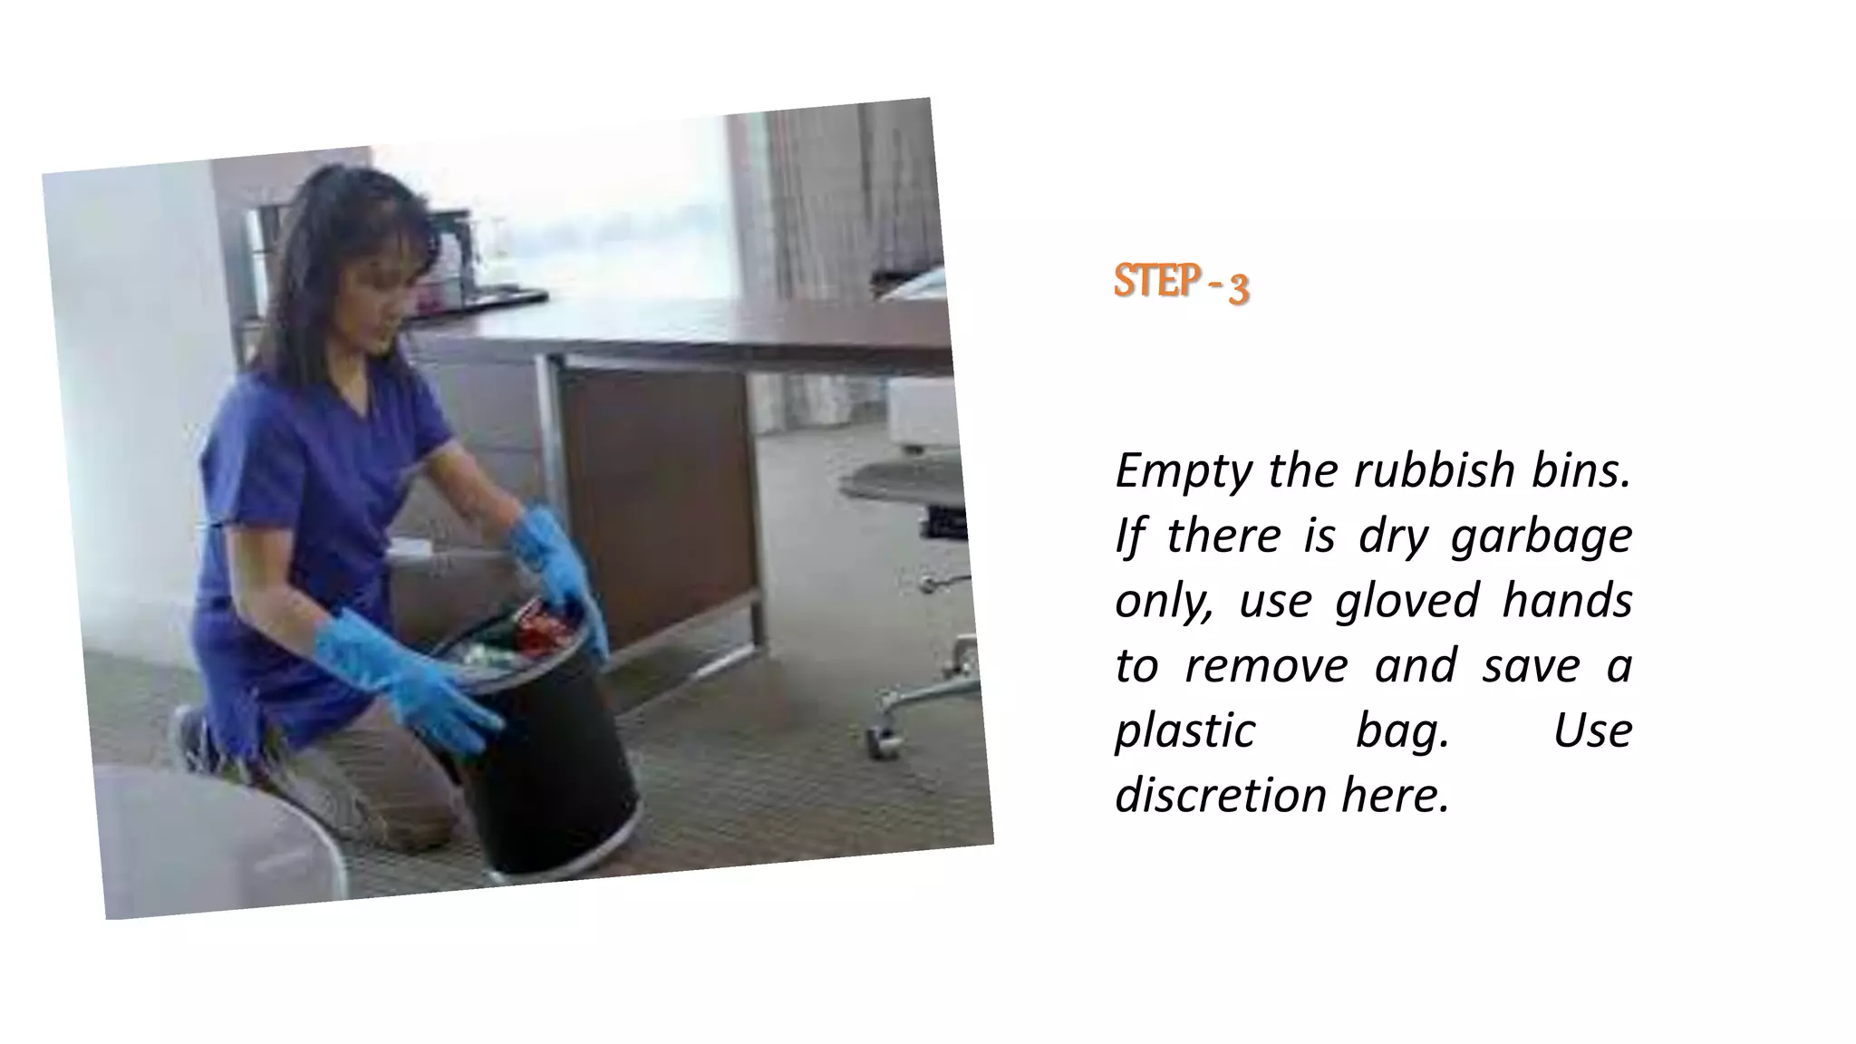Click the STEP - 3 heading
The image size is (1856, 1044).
[x=1181, y=283]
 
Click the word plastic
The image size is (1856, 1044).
[x=1184, y=731]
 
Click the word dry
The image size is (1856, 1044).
[x=1391, y=536]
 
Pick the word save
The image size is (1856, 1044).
[x=1531, y=666]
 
